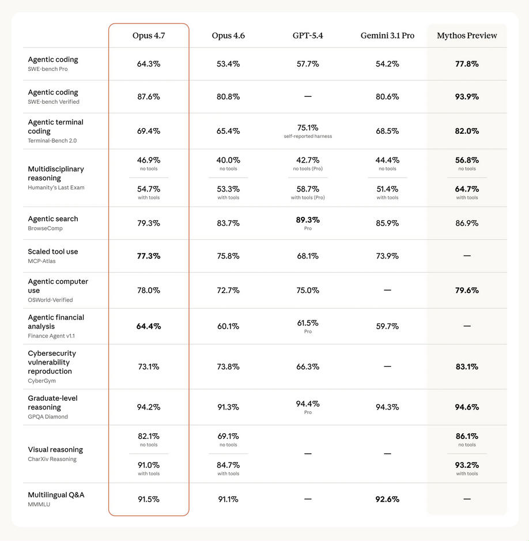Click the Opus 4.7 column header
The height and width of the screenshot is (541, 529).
click(149, 36)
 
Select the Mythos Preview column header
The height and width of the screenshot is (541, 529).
click(467, 36)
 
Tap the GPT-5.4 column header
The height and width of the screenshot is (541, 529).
click(308, 36)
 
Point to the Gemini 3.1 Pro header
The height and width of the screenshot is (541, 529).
click(387, 36)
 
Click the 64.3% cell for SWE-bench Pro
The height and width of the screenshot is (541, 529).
click(149, 64)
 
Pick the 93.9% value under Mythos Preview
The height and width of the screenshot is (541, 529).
click(467, 97)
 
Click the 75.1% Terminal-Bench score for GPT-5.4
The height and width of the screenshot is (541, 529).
click(308, 127)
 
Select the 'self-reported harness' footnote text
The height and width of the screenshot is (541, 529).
click(308, 136)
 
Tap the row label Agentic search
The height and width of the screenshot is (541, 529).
click(53, 219)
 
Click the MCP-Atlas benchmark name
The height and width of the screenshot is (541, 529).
click(42, 261)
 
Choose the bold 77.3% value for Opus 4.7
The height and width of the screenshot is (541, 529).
click(149, 256)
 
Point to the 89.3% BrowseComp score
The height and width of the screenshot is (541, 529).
click(308, 220)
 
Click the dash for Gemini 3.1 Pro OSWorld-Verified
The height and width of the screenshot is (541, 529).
click(387, 290)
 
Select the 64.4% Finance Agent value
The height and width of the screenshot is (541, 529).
click(149, 326)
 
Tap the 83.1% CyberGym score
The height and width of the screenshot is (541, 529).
click(467, 367)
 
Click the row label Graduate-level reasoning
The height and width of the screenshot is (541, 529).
click(52, 403)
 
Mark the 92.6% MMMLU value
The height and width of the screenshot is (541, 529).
click(387, 499)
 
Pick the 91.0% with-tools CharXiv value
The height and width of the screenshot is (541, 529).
click(149, 465)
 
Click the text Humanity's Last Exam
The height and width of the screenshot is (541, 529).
click(56, 187)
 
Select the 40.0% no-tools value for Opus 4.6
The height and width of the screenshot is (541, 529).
click(228, 160)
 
